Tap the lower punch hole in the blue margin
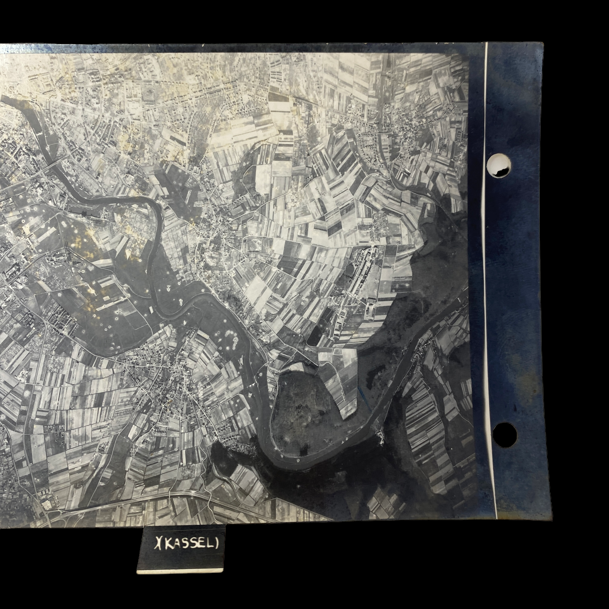point(505,435)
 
